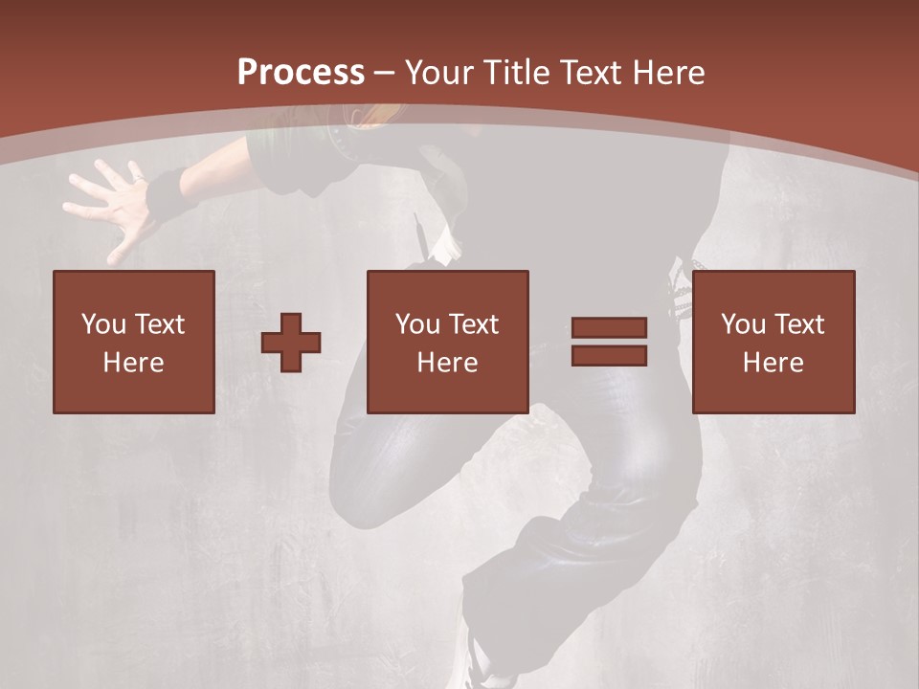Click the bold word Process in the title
pyautogui.click(x=301, y=72)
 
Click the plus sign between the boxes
pyautogui.click(x=291, y=342)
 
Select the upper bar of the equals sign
pyautogui.click(x=610, y=327)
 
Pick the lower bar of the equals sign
pyautogui.click(x=610, y=355)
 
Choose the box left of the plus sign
pyautogui.click(x=134, y=342)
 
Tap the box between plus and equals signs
pyautogui.click(x=448, y=342)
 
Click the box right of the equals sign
pyautogui.click(x=773, y=342)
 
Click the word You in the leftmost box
pyautogui.click(x=103, y=323)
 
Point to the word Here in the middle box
pyautogui.click(x=448, y=363)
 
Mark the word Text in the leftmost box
pyautogui.click(x=159, y=323)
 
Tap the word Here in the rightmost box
pyautogui.click(x=773, y=363)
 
